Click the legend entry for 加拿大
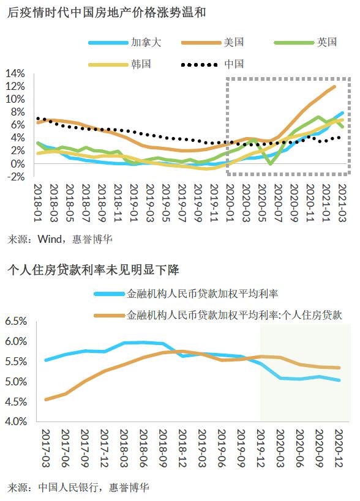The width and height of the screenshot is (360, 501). [125, 42]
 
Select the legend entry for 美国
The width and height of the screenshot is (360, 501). [212, 42]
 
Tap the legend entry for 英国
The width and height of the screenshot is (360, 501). [306, 42]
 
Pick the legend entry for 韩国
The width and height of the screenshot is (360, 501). [119, 64]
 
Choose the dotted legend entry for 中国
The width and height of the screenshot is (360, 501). [212, 64]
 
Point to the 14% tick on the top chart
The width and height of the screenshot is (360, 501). [15, 73]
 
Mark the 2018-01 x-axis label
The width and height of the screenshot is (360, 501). [38, 202]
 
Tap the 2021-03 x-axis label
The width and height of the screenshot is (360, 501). [342, 202]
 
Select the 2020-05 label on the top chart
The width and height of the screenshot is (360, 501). [262, 202]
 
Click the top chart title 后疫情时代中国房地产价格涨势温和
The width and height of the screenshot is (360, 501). [107, 13]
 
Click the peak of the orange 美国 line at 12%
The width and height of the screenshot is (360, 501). [334, 87]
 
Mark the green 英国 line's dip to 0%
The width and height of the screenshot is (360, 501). [271, 163]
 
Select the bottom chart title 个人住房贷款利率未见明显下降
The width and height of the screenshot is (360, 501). [92, 270]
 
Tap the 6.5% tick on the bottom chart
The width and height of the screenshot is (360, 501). [16, 321]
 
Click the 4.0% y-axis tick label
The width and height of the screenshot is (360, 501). [16, 421]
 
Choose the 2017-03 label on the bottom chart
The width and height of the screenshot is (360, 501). [46, 448]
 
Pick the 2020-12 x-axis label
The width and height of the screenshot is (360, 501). [339, 448]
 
